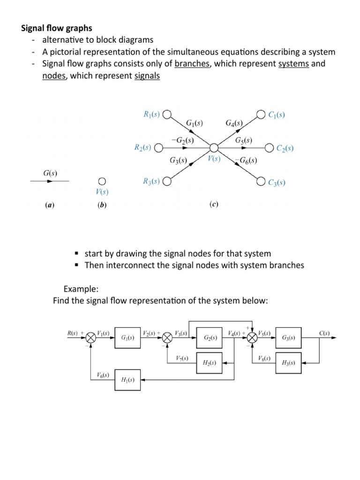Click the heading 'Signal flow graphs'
57,28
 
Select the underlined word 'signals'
147,76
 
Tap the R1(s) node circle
167,114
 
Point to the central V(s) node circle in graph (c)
214,148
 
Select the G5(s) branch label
244,140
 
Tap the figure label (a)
49,205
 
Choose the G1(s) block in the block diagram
127,337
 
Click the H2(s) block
210,362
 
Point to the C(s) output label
324,333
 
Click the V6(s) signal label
103,375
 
